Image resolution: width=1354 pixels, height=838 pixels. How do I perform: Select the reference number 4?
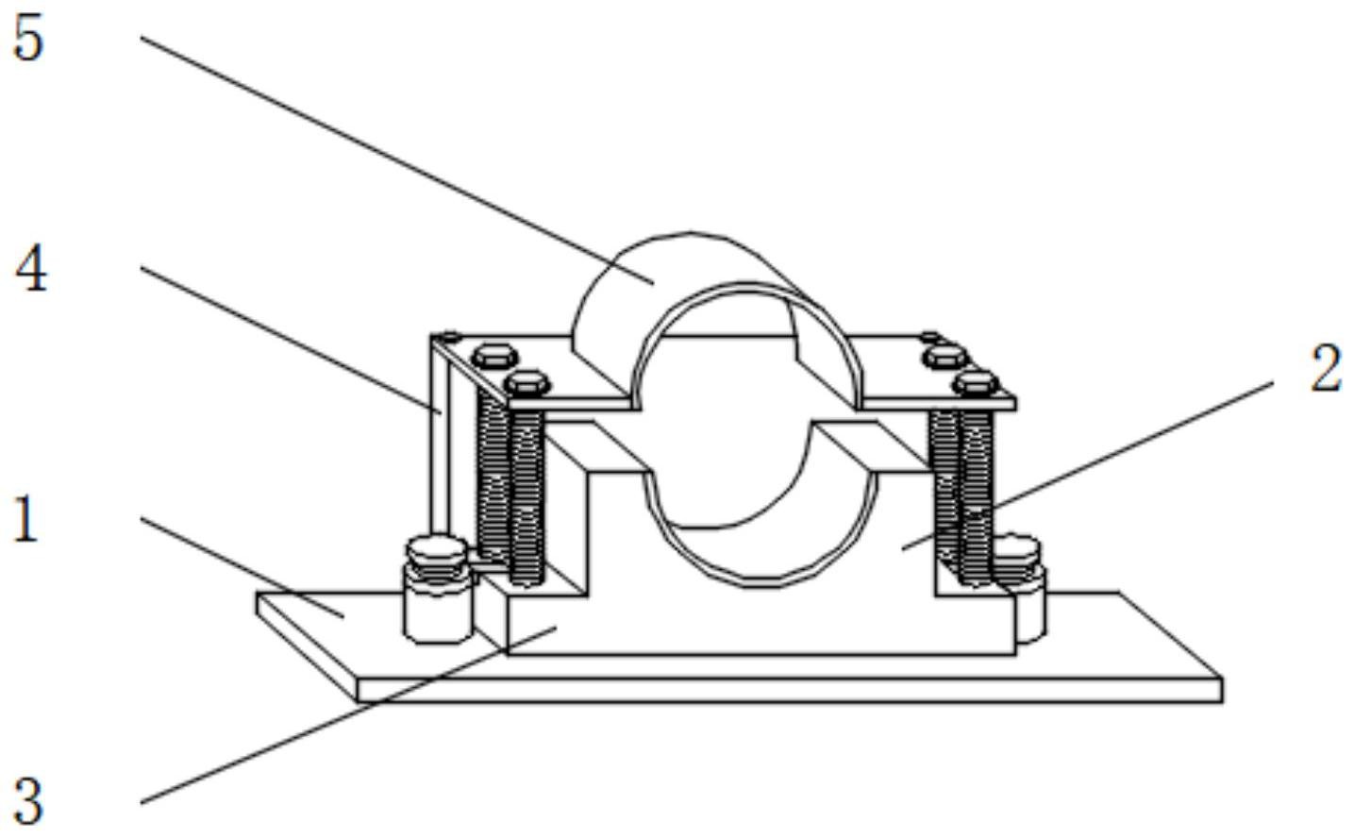pyautogui.click(x=31, y=268)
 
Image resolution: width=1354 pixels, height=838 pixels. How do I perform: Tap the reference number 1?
pyautogui.click(x=25, y=518)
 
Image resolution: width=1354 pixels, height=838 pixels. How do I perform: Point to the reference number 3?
pyautogui.click(x=28, y=802)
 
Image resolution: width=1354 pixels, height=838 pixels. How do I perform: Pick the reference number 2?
pyautogui.click(x=1325, y=370)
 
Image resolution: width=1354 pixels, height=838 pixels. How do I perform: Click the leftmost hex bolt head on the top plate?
pyautogui.click(x=495, y=356)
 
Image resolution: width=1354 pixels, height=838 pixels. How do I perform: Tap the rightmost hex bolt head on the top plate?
pyautogui.click(x=977, y=382)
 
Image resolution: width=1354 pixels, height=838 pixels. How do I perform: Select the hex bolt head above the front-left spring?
pyautogui.click(x=527, y=382)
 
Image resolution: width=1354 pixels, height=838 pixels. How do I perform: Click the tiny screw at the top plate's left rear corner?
pyautogui.click(x=449, y=338)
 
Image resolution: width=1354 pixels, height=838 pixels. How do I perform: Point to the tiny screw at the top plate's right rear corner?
pyautogui.click(x=929, y=336)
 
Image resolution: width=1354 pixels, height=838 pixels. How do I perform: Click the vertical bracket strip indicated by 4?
pyautogui.click(x=441, y=435)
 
